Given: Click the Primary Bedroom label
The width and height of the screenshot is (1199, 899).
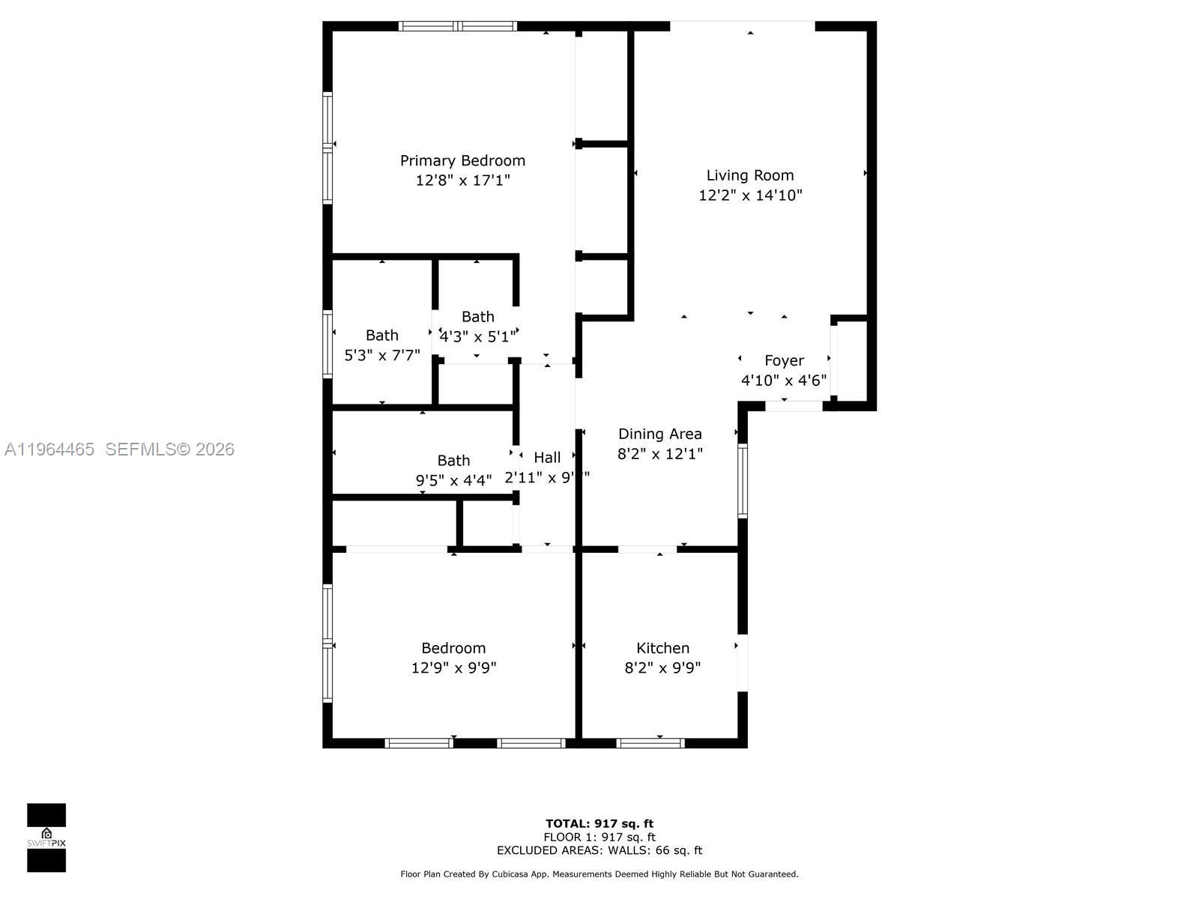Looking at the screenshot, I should pyautogui.click(x=462, y=160).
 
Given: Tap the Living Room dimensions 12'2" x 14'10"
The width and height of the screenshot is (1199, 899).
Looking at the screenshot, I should pyautogui.click(x=750, y=196).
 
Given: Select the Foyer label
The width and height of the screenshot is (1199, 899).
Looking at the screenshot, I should pyautogui.click(x=784, y=360).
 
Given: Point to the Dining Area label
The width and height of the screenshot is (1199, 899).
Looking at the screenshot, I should pyautogui.click(x=659, y=434).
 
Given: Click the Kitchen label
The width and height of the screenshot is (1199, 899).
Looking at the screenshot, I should pyautogui.click(x=662, y=648).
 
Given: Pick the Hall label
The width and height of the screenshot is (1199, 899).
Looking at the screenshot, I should pyautogui.click(x=547, y=457).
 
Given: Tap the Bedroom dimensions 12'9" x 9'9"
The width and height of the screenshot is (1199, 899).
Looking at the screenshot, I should pyautogui.click(x=453, y=668).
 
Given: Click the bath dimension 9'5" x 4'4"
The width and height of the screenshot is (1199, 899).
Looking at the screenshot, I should pyautogui.click(x=453, y=480).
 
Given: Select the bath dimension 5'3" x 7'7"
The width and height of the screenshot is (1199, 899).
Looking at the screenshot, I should pyautogui.click(x=381, y=355).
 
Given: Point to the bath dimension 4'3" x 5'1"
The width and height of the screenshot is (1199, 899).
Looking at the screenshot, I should pyautogui.click(x=478, y=336).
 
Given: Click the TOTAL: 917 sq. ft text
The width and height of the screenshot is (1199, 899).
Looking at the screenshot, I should pyautogui.click(x=599, y=823).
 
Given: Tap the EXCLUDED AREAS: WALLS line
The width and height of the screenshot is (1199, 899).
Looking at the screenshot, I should pyautogui.click(x=599, y=850).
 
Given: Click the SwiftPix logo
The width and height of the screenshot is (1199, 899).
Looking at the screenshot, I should pyautogui.click(x=46, y=838).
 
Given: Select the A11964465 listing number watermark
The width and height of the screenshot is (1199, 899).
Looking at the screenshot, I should pyautogui.click(x=49, y=449).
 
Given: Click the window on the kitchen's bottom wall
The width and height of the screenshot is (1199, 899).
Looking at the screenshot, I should pyautogui.click(x=650, y=743).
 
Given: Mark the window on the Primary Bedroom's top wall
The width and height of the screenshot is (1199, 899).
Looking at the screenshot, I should pyautogui.click(x=457, y=26).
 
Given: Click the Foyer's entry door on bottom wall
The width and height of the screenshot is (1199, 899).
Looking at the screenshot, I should pyautogui.click(x=794, y=406).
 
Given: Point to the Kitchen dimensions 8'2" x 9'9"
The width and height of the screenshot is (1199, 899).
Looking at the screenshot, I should pyautogui.click(x=662, y=668).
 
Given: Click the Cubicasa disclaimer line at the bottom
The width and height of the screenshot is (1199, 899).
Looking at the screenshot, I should pyautogui.click(x=599, y=874).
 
